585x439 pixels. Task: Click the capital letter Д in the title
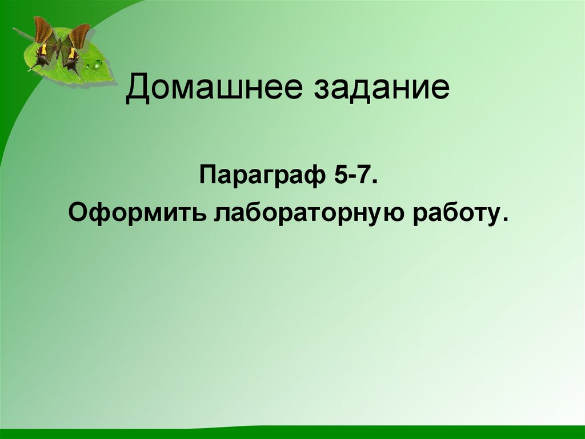tap(137, 90)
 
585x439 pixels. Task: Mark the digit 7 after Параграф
tap(368, 173)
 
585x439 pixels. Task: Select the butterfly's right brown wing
tap(79, 34)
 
